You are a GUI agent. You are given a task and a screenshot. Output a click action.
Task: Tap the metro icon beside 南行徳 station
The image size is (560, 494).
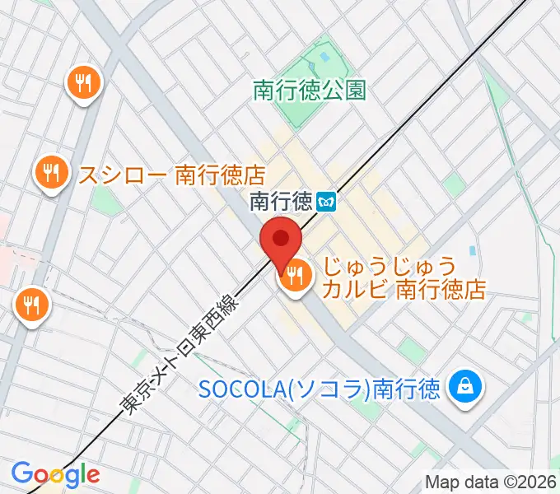[327, 201]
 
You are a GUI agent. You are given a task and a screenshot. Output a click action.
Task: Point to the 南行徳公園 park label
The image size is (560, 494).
[309, 90]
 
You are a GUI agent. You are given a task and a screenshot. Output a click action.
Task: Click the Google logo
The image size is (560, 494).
[55, 474]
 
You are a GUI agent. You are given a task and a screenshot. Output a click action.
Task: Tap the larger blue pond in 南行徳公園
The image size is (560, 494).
[323, 58]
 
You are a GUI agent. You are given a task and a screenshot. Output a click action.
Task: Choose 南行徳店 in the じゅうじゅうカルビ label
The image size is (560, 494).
[441, 290]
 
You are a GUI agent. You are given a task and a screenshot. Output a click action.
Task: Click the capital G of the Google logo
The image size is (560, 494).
[21, 473]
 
